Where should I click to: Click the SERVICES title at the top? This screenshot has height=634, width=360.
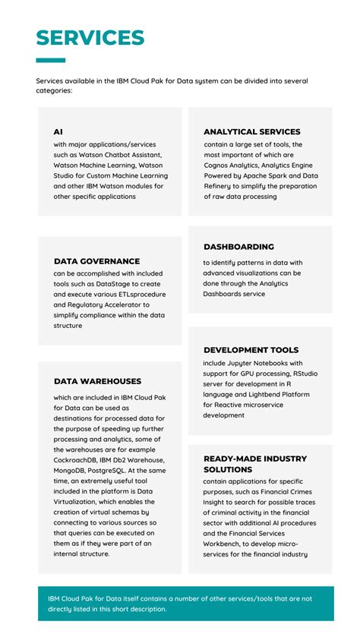(x=90, y=38)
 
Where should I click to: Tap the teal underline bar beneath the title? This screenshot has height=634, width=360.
(x=51, y=60)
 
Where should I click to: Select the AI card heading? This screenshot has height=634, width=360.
(x=58, y=132)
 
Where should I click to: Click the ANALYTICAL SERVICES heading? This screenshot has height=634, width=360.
(x=251, y=132)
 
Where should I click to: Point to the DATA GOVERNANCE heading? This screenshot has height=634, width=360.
(x=96, y=261)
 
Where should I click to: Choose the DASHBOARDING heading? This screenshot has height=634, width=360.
(x=238, y=247)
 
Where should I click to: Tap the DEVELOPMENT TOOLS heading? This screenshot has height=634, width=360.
(x=251, y=350)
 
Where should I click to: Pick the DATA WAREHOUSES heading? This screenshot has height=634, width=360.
(x=97, y=381)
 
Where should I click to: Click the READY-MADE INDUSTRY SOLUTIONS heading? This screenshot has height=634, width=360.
(x=245, y=464)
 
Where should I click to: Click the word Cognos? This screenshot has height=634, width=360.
(x=219, y=165)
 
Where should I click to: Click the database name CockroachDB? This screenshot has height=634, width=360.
(x=81, y=460)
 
